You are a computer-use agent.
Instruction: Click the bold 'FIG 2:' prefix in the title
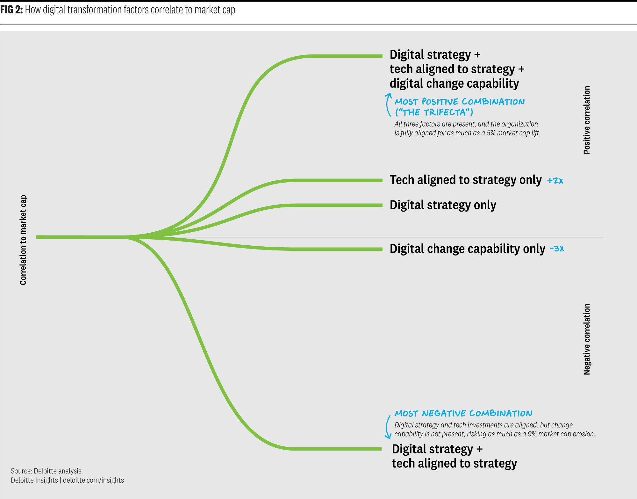11,10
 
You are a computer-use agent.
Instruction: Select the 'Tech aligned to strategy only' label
466,180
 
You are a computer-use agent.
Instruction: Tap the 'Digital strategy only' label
443,205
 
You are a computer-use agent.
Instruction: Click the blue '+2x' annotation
555,181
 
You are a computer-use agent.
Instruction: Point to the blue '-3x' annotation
557,248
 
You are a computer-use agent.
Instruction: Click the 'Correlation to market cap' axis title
23,240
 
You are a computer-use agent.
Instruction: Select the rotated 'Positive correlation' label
587,120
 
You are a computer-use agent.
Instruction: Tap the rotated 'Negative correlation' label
587,339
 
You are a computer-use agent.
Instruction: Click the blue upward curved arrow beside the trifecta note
387,105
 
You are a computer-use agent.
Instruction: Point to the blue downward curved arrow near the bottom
387,427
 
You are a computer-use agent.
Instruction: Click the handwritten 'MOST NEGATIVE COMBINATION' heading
463,413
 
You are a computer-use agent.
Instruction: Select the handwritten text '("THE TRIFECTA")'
434,112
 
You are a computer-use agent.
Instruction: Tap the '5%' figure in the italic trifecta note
491,133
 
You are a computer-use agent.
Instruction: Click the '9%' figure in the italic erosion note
532,434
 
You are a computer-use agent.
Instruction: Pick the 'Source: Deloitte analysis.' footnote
47,471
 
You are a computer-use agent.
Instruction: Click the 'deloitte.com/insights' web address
93,480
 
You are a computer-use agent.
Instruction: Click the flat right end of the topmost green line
382,56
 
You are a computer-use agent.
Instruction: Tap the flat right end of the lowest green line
381,449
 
